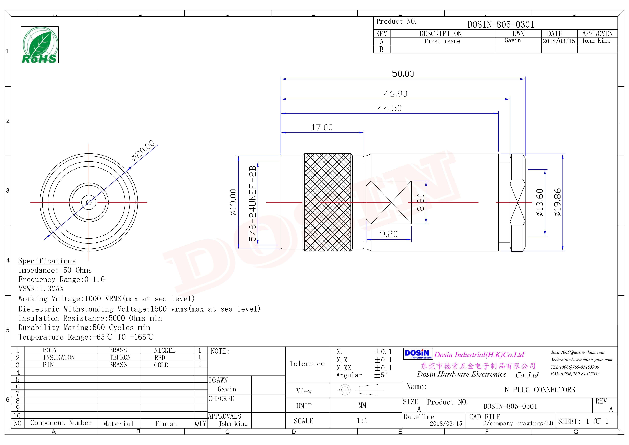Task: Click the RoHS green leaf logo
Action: tap(40, 45)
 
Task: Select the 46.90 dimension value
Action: tap(395, 94)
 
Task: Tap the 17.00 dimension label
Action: tap(322, 128)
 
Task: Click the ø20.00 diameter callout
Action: tap(143, 150)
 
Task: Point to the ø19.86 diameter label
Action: tap(557, 202)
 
